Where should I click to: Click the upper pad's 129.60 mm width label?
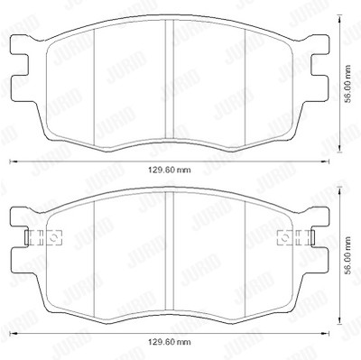click(170, 171)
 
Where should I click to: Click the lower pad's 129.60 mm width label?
click(170, 342)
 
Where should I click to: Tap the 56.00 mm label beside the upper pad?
click(348, 84)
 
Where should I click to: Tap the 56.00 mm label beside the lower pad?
click(348, 255)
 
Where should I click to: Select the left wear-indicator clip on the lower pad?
click(43, 237)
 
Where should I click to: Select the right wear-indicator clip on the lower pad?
click(296, 237)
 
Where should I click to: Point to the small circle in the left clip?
click(54, 237)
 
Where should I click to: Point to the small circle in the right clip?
click(284, 237)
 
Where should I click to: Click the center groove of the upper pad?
click(170, 78)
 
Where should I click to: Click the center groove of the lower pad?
click(170, 251)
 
